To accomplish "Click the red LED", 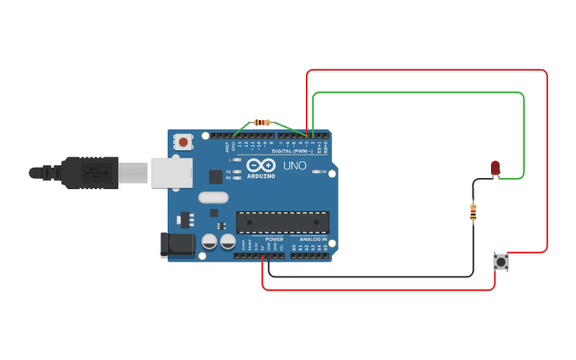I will (x=495, y=168).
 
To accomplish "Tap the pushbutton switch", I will (x=501, y=261).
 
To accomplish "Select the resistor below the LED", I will (x=474, y=212).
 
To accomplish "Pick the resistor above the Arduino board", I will (x=261, y=122).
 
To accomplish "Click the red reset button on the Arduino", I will (x=184, y=142).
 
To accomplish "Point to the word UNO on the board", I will (x=295, y=166).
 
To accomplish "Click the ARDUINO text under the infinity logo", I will (x=261, y=176).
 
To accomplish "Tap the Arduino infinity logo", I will (x=261, y=165).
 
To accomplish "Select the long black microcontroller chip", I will (x=282, y=223).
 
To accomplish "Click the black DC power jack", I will (x=177, y=245).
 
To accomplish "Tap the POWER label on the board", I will (x=274, y=239).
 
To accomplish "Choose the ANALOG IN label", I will (x=313, y=239).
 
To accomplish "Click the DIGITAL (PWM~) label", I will (x=292, y=150).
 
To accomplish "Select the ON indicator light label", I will (x=323, y=172).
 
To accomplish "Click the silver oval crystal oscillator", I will (x=213, y=198).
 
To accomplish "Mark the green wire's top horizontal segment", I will (x=418, y=93).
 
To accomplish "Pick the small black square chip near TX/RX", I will (x=215, y=176).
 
